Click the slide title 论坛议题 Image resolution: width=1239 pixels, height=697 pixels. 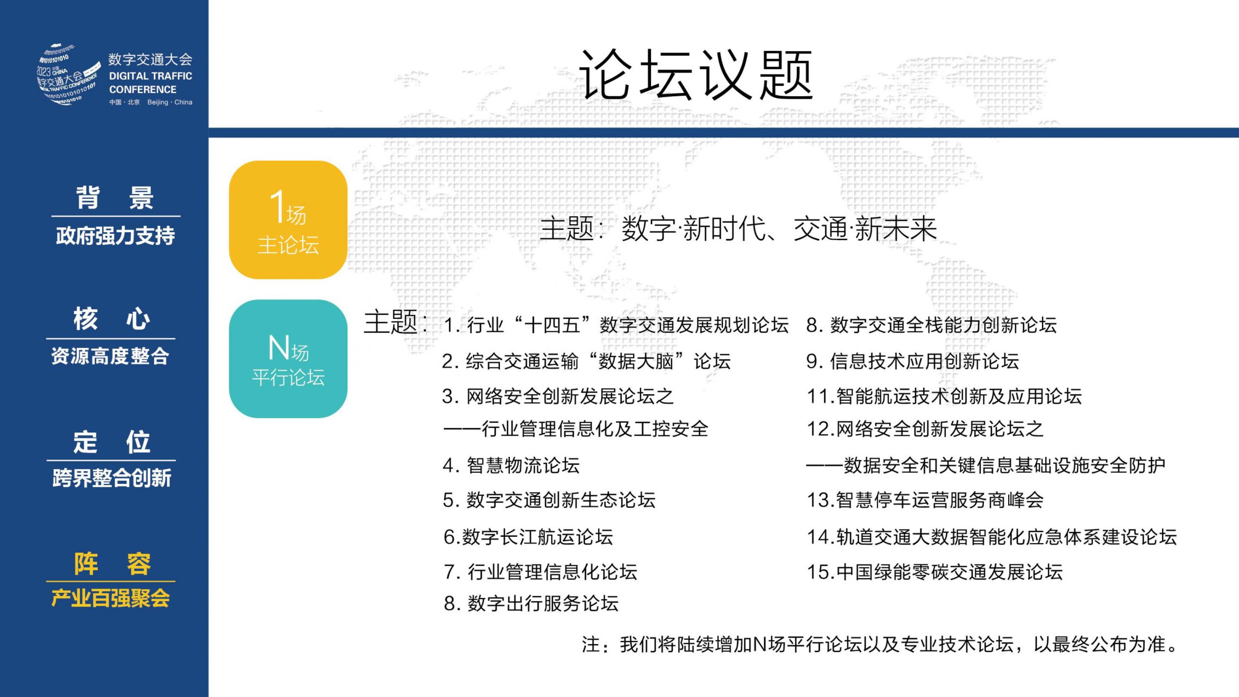tap(696, 75)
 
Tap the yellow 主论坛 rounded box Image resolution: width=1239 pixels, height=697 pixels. tap(288, 220)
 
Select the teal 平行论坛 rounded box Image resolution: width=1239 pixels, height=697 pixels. tap(288, 359)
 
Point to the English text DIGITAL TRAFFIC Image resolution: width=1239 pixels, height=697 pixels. tap(151, 76)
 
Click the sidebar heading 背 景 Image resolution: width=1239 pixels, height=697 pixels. tap(115, 197)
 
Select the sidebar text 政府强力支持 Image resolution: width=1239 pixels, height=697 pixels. tap(115, 236)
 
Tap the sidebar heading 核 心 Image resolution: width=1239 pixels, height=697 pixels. tap(112, 319)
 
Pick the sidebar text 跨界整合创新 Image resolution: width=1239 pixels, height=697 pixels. tap(112, 478)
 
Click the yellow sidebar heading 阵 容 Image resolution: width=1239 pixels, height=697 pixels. tap(112, 563)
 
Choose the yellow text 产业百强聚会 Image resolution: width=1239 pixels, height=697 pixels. tap(111, 598)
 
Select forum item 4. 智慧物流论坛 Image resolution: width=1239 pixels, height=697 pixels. tap(511, 466)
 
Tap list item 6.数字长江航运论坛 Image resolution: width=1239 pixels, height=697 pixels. tap(529, 537)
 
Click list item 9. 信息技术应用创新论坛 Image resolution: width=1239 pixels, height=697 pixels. tap(913, 361)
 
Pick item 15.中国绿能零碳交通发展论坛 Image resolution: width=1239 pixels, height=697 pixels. tap(935, 572)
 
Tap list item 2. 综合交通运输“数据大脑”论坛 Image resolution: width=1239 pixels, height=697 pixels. tap(586, 361)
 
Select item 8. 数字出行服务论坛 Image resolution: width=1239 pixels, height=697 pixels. tap(531, 604)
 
